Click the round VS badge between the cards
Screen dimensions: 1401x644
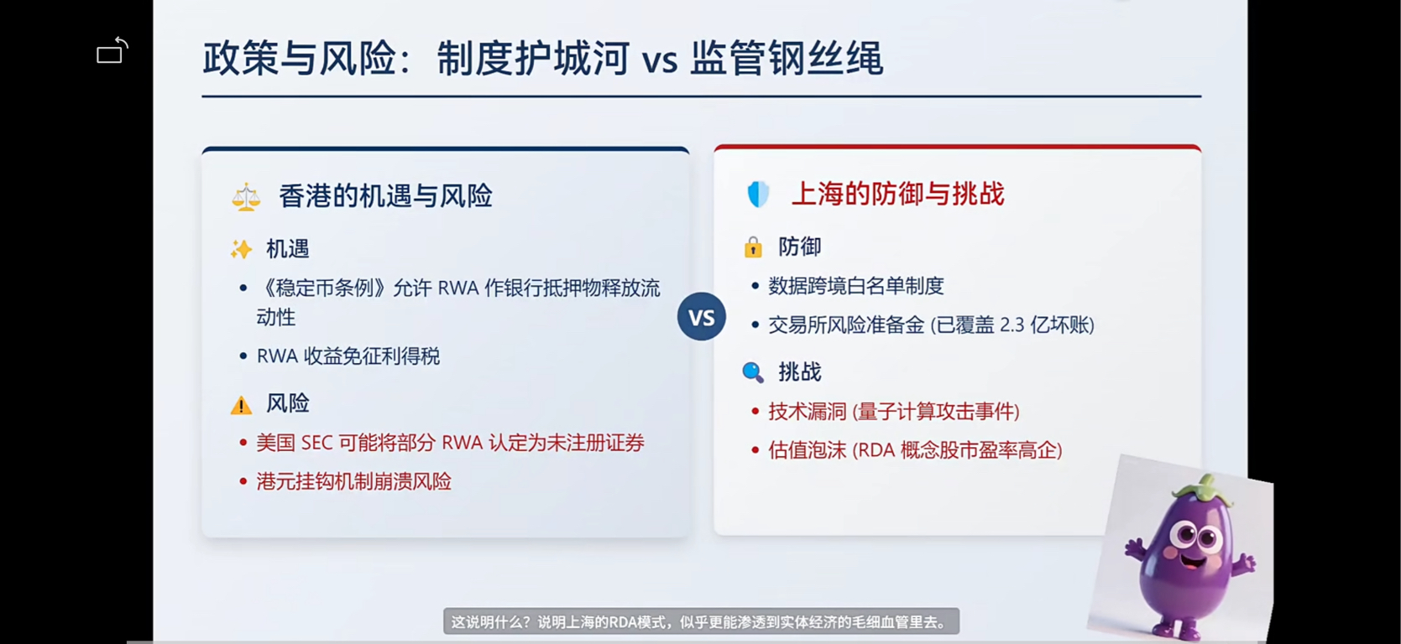point(701,317)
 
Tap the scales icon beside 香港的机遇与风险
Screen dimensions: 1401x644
point(246,197)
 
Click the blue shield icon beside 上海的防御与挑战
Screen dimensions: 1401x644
point(758,195)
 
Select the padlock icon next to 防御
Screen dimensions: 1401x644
point(753,247)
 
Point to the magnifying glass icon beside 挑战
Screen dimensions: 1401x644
point(753,372)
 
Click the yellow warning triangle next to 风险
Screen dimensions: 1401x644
point(241,405)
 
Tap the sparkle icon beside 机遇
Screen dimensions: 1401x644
point(241,249)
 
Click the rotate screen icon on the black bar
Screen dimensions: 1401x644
point(112,50)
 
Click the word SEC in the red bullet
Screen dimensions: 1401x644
point(316,443)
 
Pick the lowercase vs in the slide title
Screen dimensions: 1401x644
point(659,60)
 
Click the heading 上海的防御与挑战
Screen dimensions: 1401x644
point(897,194)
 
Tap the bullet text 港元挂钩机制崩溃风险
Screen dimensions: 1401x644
point(354,481)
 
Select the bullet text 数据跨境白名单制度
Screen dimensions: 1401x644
point(856,286)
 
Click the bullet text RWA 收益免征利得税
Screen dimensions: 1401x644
point(348,356)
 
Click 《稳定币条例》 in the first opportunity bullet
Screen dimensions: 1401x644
point(325,288)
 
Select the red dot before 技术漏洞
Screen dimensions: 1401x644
point(755,411)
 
